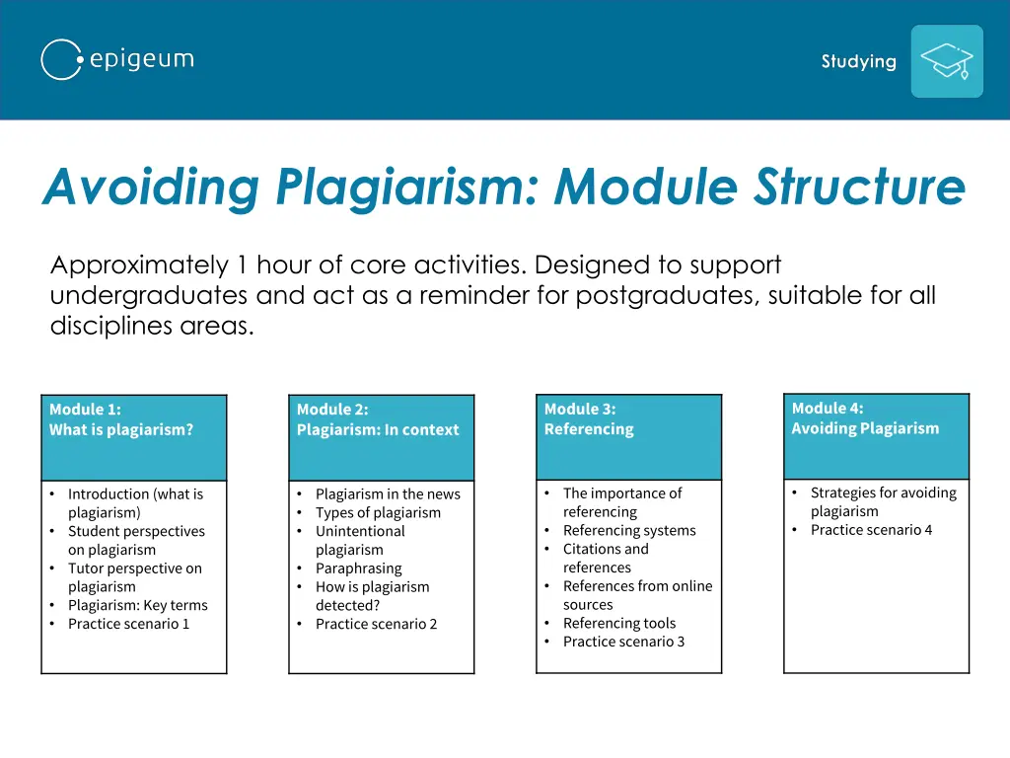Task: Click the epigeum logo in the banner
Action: pos(117,60)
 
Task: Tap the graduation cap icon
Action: pos(946,61)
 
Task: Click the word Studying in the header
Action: pos(858,61)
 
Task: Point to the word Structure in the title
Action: pos(859,187)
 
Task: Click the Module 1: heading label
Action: pos(85,410)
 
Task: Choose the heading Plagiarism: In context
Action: pos(378,430)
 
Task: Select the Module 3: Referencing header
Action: pos(589,419)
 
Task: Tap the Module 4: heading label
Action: pos(828,409)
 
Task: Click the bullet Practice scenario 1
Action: pos(128,624)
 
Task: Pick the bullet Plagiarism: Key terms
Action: pos(137,605)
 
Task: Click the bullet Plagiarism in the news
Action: pos(388,493)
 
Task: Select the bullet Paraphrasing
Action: pos(358,568)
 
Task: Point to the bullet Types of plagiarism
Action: pos(378,512)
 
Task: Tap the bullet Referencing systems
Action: pos(629,530)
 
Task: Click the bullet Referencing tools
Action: pos(619,623)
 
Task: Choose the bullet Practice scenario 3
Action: pos(623,642)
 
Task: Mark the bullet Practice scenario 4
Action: pos(871,530)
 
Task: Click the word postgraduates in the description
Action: pos(667,295)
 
